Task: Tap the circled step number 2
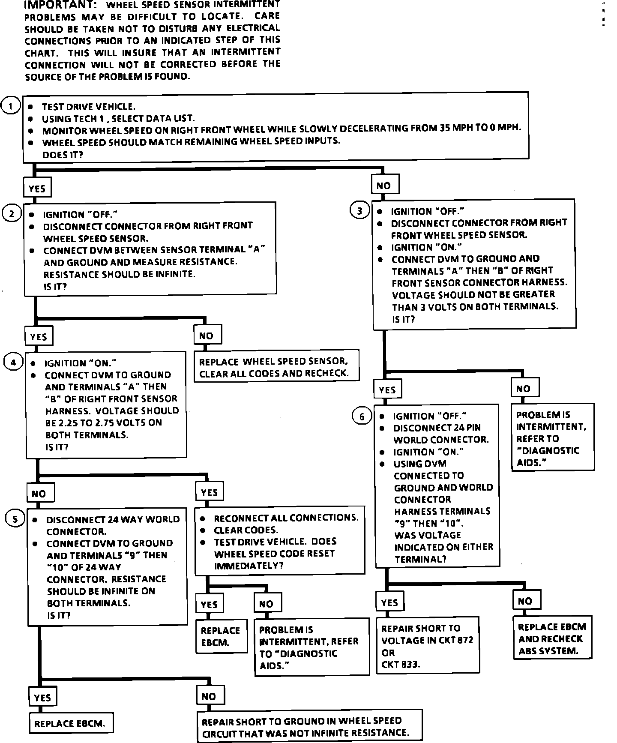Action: click(x=12, y=214)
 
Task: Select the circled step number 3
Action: click(x=360, y=210)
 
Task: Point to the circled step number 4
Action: click(x=13, y=363)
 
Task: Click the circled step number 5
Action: click(x=15, y=519)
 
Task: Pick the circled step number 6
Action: click(x=362, y=416)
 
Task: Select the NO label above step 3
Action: click(x=384, y=185)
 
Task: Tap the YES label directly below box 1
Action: click(x=37, y=189)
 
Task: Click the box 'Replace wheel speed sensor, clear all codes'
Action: click(x=277, y=367)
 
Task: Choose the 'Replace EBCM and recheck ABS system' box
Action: click(x=552, y=639)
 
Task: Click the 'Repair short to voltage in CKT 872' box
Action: click(x=428, y=646)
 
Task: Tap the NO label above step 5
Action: click(x=39, y=493)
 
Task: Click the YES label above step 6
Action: click(x=387, y=390)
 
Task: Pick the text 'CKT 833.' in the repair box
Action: click(x=401, y=665)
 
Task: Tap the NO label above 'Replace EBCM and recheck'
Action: click(x=525, y=601)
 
